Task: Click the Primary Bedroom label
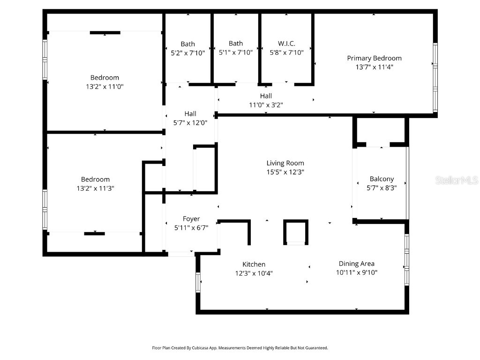[374, 58]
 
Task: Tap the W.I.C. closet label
[286, 44]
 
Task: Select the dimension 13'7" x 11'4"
[374, 67]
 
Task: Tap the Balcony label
[382, 179]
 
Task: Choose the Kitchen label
[254, 264]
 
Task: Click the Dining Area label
[356, 263]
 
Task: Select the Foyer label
[191, 219]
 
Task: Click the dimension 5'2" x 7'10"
[188, 53]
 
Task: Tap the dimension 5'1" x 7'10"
[236, 52]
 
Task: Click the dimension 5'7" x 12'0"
[190, 122]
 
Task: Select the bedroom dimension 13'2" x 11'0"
[105, 86]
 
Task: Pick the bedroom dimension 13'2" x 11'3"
[95, 188]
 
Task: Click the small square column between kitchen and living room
[296, 232]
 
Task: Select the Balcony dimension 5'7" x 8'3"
[382, 187]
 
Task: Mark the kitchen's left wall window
[198, 282]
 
